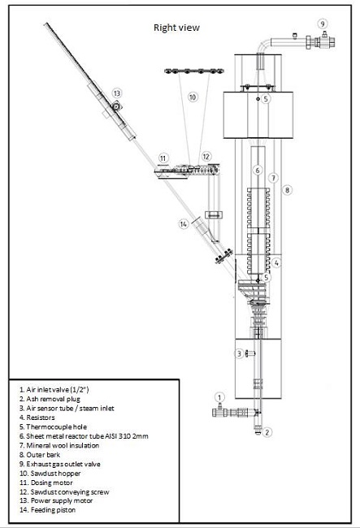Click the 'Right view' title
176,28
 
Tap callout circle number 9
323,24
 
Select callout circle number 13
116,93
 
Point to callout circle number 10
193,97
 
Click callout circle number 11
163,158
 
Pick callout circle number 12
206,157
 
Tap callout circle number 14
184,223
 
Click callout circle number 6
258,171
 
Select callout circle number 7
273,177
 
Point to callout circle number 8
287,190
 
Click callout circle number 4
276,262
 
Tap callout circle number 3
239,353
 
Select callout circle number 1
219,397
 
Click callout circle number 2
267,432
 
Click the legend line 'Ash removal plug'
50,399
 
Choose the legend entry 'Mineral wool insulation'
59,445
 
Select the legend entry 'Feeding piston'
47,510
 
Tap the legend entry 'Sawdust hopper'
50,474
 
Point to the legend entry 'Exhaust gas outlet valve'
60,464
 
